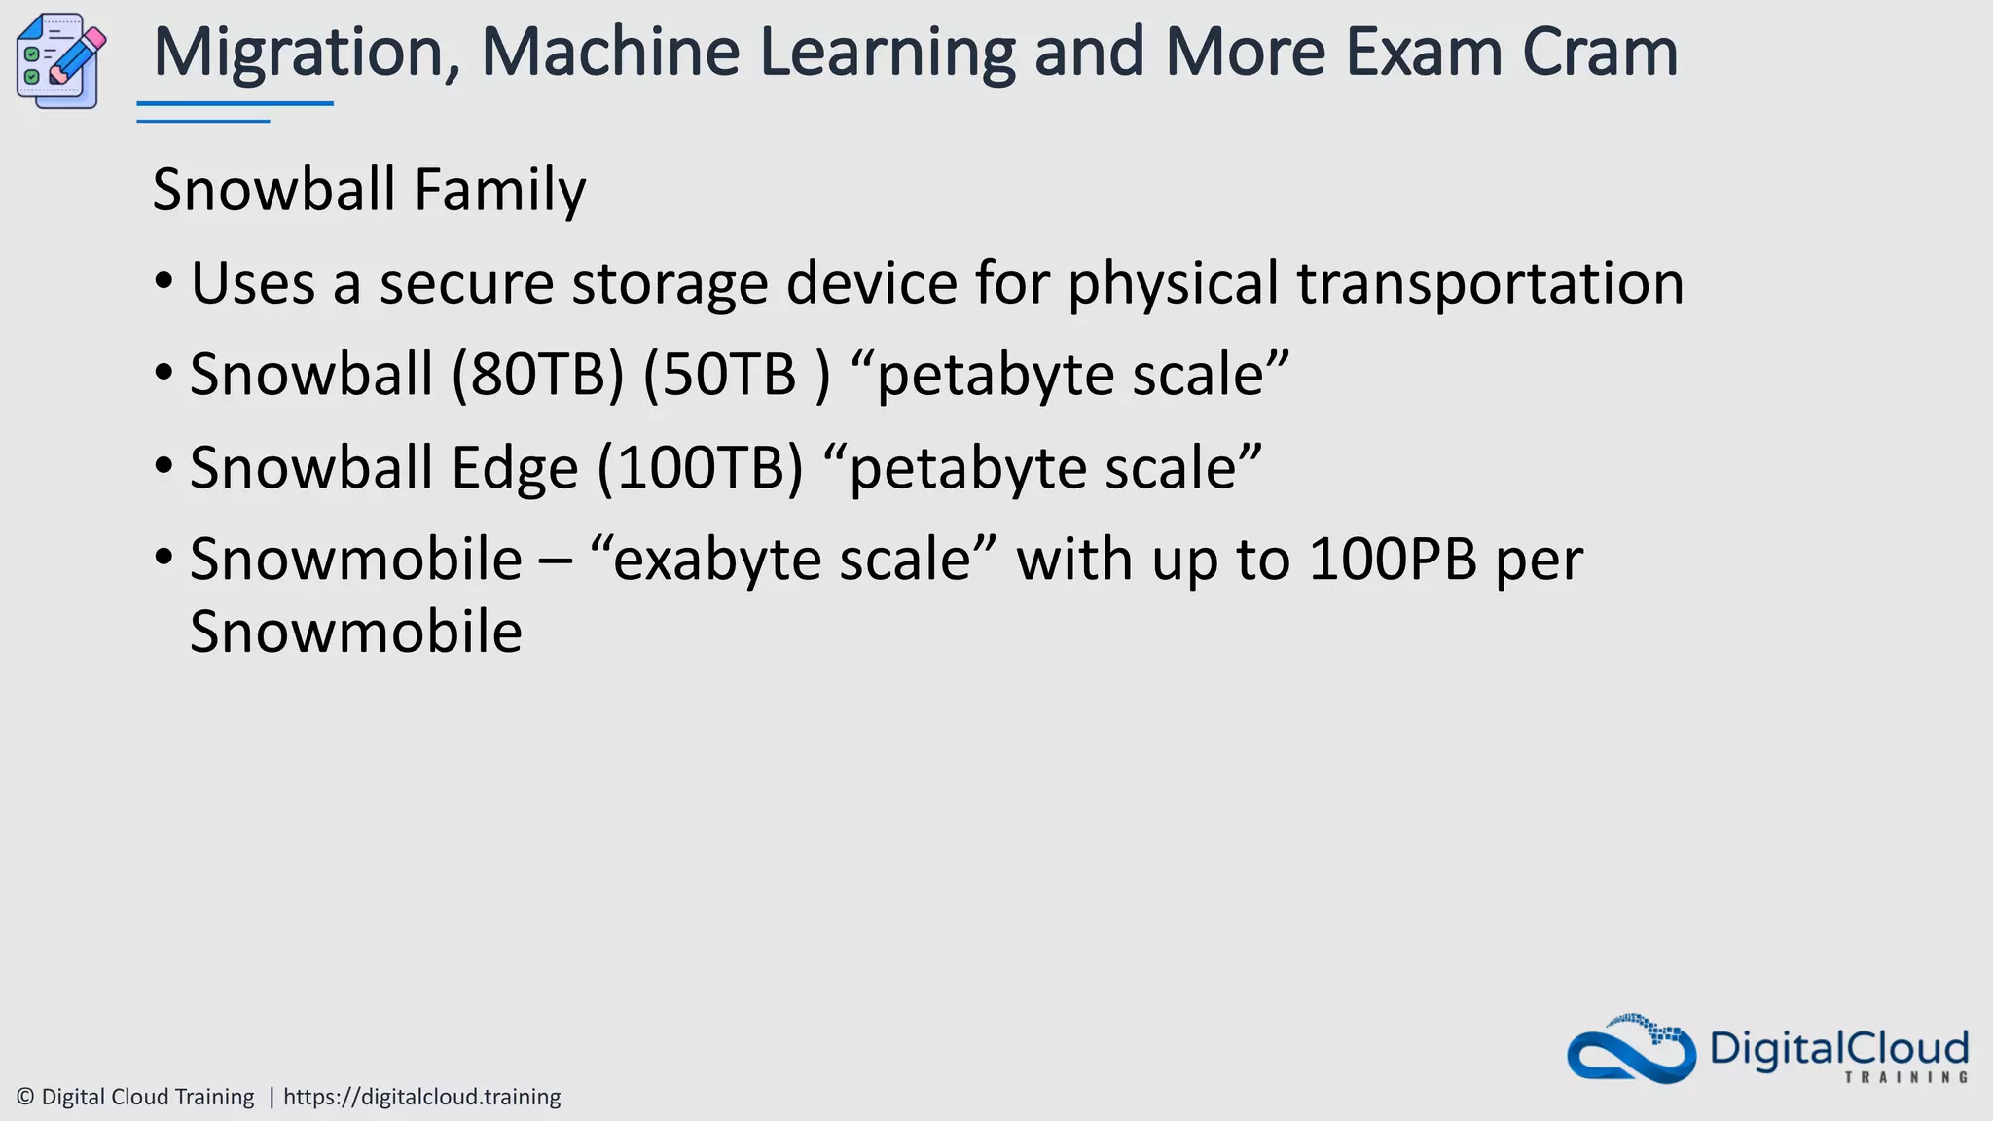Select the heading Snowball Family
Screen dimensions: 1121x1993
[369, 189]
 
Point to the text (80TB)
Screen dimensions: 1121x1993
[537, 375]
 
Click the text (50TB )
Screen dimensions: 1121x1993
[737, 375]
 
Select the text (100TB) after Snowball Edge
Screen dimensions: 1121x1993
[700, 468]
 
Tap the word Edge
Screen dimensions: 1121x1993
[514, 468]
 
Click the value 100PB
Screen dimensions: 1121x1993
[1393, 560]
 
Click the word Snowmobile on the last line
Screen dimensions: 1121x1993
[355, 632]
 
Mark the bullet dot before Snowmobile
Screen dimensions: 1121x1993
[163, 560]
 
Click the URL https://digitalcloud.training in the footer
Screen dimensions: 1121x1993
[421, 1097]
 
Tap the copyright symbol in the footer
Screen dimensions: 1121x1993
[25, 1097]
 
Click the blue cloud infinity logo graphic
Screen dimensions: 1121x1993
[1631, 1050]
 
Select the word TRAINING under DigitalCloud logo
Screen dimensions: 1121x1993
[1905, 1077]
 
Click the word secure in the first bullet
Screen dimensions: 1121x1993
[466, 283]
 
